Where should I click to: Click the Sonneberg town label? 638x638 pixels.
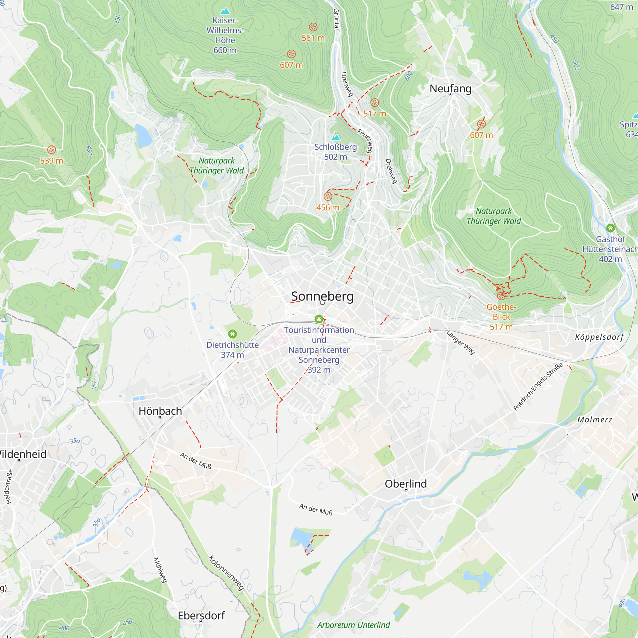click(322, 296)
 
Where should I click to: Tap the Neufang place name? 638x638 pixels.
click(450, 88)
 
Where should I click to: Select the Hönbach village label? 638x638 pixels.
click(160, 411)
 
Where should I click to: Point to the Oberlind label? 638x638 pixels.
click(406, 484)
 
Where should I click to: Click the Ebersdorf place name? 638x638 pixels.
click(201, 615)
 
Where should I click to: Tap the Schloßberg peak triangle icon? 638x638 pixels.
click(336, 137)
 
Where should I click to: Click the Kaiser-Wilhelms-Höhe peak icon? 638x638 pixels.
click(225, 11)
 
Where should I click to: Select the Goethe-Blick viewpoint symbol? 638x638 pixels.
click(501, 296)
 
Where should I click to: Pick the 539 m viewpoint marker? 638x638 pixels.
click(51, 150)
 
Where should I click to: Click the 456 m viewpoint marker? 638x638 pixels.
click(328, 197)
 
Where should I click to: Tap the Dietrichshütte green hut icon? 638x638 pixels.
click(233, 334)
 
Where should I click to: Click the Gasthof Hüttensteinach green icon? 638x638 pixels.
click(610, 228)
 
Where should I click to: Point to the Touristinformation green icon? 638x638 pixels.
click(319, 319)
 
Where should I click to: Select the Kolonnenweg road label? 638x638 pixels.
click(226, 573)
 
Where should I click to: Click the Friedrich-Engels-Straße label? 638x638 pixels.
click(538, 387)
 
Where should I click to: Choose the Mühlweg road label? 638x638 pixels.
click(160, 570)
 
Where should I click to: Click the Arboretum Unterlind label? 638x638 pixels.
click(353, 625)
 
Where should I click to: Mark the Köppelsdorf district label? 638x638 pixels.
click(599, 337)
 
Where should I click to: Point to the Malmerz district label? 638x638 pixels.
click(595, 419)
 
